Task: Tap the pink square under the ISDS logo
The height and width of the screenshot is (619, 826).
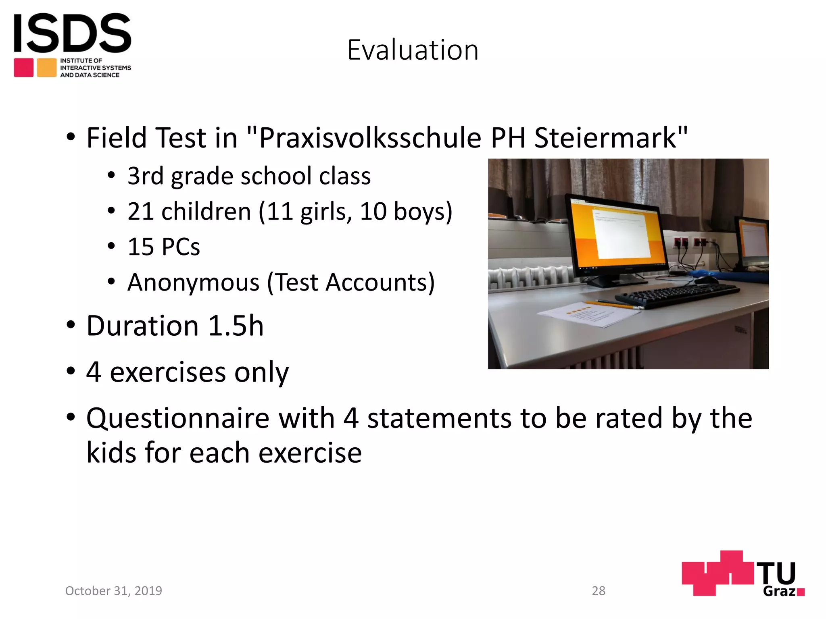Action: [x=24, y=68]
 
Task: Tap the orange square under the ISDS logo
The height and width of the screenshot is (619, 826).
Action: [x=47, y=68]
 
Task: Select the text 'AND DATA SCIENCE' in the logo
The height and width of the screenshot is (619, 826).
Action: [x=90, y=75]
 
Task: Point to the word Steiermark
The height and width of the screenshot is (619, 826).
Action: [x=605, y=138]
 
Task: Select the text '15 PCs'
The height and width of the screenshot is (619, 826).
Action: [x=163, y=247]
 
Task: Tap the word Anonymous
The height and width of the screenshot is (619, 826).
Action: [x=193, y=282]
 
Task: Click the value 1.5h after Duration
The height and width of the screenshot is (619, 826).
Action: [x=236, y=326]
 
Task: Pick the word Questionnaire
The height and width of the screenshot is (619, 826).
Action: [x=177, y=418]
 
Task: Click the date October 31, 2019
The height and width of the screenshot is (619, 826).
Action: [x=113, y=591]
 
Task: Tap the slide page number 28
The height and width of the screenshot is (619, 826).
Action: [x=599, y=591]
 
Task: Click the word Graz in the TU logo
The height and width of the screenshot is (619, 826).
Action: [x=779, y=591]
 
